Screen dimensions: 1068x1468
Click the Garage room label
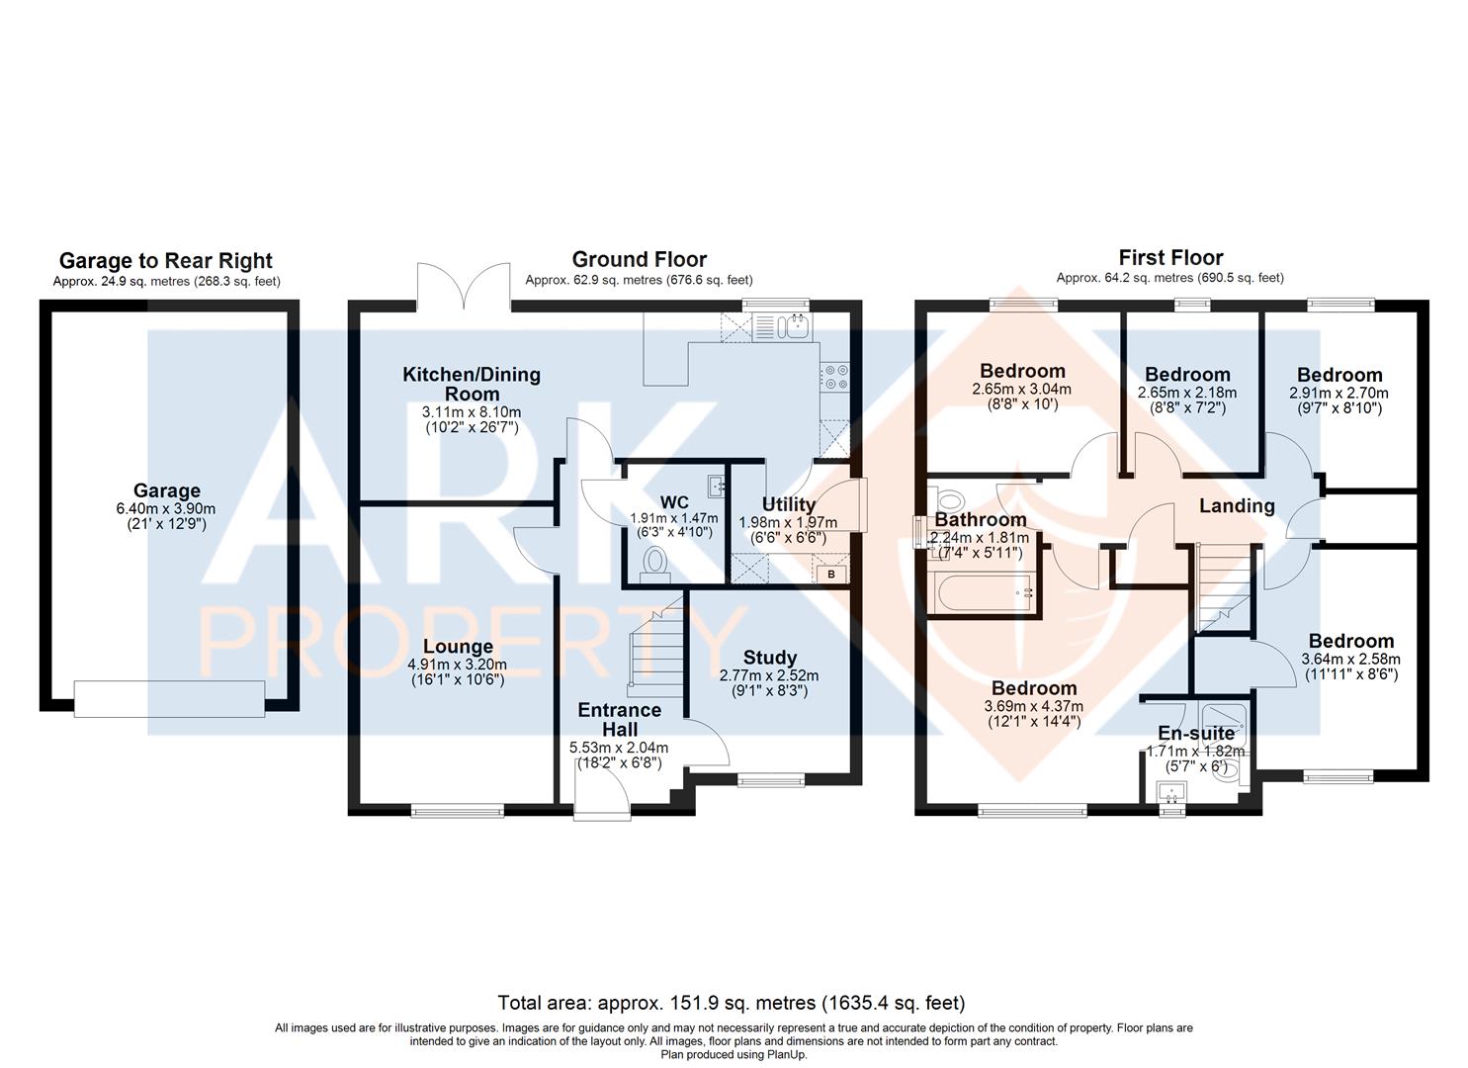[x=167, y=490]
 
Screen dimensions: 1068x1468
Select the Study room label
[x=769, y=658]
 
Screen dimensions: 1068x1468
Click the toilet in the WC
[x=653, y=565]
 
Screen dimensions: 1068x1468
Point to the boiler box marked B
[x=830, y=574]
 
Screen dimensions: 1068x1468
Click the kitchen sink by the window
[x=781, y=327]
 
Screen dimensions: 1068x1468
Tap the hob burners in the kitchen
[x=834, y=377]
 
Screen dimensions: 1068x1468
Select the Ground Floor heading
[x=639, y=259]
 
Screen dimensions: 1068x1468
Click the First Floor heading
[x=1169, y=258]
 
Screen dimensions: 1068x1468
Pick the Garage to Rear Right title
[x=166, y=261]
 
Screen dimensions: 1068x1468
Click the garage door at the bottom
[x=170, y=697]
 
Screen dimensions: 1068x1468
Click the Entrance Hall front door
[x=602, y=795]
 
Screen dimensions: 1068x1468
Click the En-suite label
[x=1196, y=733]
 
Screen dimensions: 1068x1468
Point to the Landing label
[x=1237, y=506]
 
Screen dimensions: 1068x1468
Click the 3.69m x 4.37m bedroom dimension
[x=1034, y=706]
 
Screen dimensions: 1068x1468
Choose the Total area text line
[x=732, y=1003]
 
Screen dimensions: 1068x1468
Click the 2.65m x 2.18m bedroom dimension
[x=1187, y=393]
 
